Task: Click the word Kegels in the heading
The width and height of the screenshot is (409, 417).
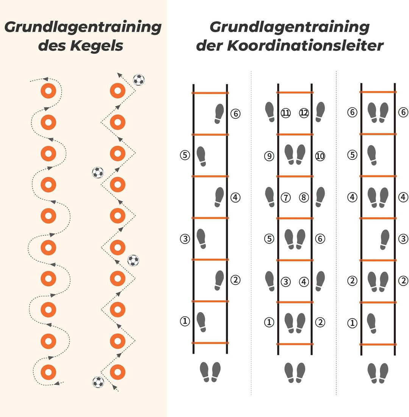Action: point(97,46)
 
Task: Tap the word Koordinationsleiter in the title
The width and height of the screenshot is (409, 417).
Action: point(305,45)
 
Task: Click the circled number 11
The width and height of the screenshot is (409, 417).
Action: point(286,113)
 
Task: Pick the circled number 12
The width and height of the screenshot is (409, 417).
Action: point(304,113)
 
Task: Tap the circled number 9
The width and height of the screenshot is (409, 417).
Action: point(269,156)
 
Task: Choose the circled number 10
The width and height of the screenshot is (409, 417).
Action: point(320,156)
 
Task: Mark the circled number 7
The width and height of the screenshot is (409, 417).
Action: point(286,197)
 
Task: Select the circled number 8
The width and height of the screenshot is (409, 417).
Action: point(304,197)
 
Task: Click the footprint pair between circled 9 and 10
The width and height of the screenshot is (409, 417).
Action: point(295,155)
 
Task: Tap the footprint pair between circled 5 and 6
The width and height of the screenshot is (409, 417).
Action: point(295,239)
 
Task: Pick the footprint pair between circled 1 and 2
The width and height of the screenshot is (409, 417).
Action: point(295,323)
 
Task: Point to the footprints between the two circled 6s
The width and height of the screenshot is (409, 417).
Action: point(378,112)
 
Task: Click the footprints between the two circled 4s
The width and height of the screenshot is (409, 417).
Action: point(378,197)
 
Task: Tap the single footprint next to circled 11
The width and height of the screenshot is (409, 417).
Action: point(270,112)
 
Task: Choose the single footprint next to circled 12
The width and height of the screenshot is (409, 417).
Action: point(320,112)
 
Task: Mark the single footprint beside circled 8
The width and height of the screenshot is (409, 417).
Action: point(320,197)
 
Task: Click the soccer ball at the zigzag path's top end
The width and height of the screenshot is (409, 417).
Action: point(139,80)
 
